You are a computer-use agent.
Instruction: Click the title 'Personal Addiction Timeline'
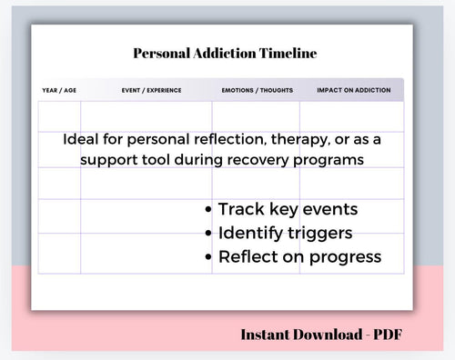click(225, 54)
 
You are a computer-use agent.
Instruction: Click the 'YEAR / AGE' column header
click(59, 90)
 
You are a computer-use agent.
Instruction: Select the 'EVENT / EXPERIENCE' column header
click(151, 90)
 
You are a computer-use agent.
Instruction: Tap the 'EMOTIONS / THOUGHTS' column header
click(256, 90)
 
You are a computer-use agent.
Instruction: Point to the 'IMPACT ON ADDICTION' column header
click(353, 90)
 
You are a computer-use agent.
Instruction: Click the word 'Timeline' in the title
click(290, 54)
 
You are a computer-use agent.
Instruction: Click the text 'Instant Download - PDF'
click(321, 334)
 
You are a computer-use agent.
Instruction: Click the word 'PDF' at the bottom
click(386, 334)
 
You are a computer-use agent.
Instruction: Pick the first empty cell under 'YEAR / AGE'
click(59, 117)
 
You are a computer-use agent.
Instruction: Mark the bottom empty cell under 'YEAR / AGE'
click(59, 253)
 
